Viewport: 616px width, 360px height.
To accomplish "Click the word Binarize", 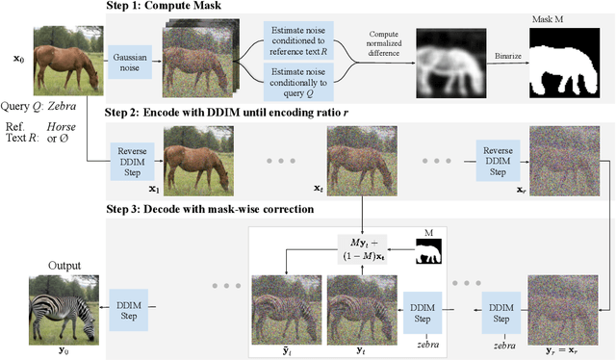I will pos(507,55).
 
